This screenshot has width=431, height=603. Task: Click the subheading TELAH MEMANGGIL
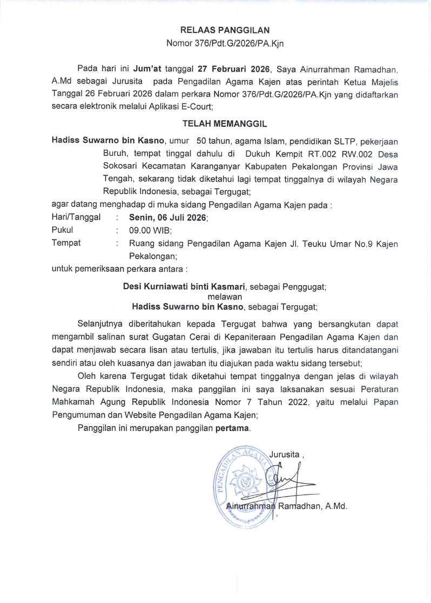(x=225, y=124)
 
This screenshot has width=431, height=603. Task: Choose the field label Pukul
(x=62, y=230)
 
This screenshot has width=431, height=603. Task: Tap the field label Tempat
(x=66, y=243)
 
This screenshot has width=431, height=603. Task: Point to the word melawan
(x=225, y=297)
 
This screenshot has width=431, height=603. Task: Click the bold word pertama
(x=233, y=429)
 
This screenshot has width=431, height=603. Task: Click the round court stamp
(x=246, y=482)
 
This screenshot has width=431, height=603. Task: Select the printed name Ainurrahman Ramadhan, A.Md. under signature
(x=286, y=506)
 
